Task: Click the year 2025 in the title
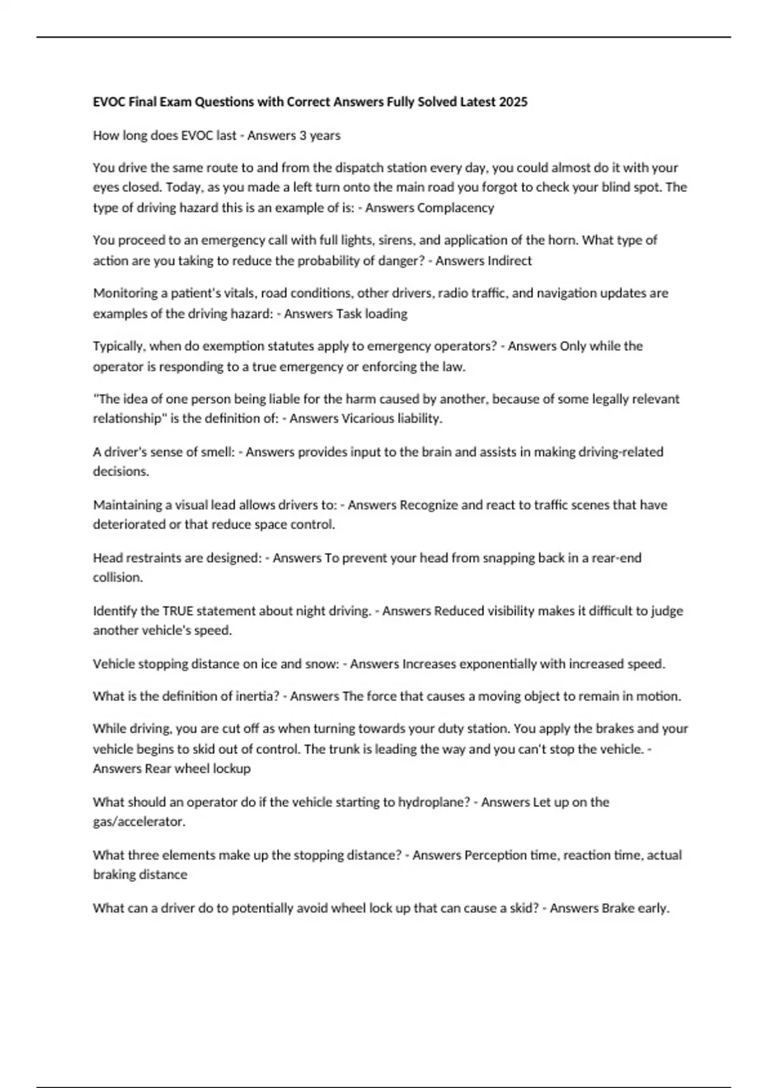[x=513, y=102]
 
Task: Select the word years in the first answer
[x=325, y=136]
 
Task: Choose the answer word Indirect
[x=509, y=260]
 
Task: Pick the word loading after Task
[x=386, y=314]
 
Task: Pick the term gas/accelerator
[x=139, y=822]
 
